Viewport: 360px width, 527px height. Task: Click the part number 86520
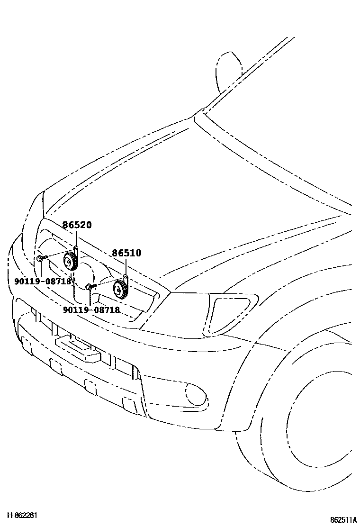77,225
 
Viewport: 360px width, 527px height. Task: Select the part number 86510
126,254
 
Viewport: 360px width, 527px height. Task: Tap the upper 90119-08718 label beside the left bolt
42,281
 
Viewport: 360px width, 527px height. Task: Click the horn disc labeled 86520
71,261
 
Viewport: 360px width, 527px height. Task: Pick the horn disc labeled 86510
120,289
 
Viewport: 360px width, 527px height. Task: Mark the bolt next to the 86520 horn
41,258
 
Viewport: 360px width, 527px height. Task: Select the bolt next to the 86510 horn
91,286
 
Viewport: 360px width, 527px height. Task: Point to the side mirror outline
228,71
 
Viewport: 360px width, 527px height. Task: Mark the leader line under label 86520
77,238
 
